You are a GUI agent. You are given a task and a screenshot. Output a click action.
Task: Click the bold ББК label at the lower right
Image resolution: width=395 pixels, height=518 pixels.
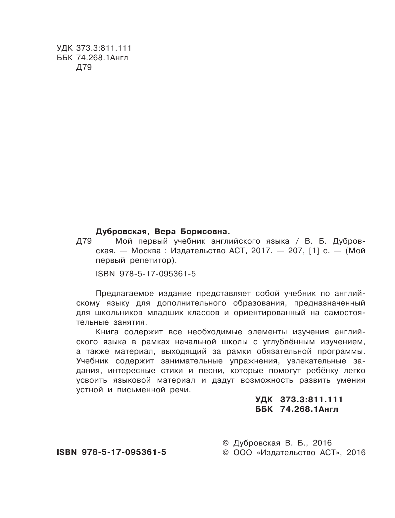pos(264,409)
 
